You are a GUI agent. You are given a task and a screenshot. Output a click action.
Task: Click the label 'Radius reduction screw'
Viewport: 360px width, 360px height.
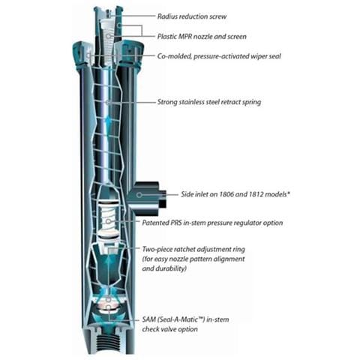[192, 16]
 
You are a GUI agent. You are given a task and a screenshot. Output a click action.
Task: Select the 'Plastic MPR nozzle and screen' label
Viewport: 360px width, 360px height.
[202, 37]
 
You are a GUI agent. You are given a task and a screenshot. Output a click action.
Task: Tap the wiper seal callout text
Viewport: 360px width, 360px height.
[219, 56]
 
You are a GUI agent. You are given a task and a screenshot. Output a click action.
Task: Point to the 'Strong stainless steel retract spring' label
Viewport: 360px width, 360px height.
[209, 102]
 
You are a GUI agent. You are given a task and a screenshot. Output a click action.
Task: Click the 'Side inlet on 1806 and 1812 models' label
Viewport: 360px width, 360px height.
[235, 194]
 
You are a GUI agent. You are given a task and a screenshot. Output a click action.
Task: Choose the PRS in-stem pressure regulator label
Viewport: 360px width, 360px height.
[212, 223]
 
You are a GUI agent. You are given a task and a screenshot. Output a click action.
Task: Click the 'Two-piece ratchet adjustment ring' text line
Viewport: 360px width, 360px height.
[193, 249]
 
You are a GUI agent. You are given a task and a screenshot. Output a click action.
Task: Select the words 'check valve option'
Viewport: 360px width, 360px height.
[169, 329]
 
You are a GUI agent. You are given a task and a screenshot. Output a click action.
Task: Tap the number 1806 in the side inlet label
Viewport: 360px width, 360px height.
[226, 194]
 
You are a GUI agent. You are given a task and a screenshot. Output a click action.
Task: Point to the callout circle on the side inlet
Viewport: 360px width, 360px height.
[139, 194]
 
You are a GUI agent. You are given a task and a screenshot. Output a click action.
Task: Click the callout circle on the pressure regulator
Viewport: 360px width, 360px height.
[108, 221]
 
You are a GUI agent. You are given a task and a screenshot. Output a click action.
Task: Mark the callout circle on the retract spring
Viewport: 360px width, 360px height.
[108, 102]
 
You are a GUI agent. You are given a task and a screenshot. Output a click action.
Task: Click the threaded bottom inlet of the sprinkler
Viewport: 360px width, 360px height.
[108, 342]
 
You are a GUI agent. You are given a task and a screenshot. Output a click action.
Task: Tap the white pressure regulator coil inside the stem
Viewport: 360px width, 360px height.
[108, 218]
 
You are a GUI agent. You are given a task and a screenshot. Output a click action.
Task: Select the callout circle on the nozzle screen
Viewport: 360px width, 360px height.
[108, 37]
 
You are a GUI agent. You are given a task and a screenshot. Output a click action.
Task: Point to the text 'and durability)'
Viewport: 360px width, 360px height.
[164, 268]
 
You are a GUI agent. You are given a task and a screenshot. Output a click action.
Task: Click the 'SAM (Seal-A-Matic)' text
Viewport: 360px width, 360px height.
[173, 319]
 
